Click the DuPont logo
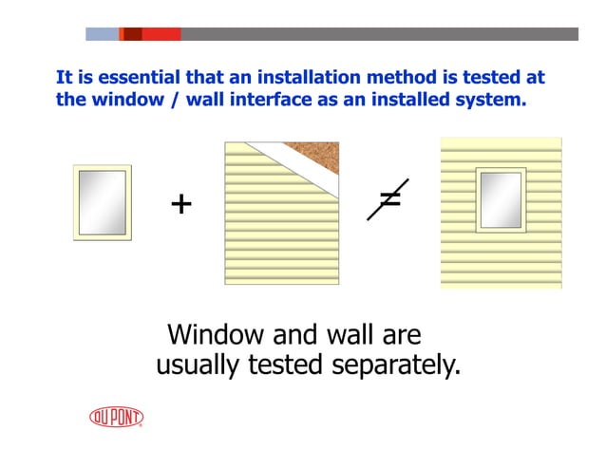[x=116, y=418]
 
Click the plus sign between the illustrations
[x=180, y=203]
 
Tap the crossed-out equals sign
[x=388, y=198]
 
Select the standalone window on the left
[x=103, y=202]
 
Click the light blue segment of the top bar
[x=102, y=34]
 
